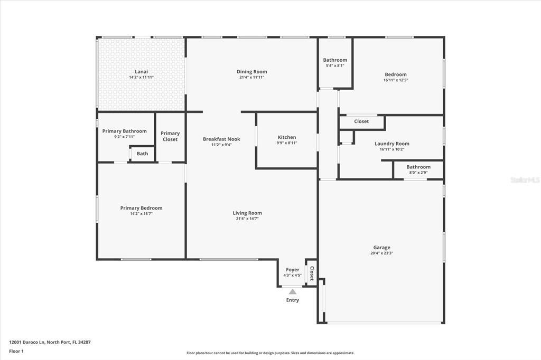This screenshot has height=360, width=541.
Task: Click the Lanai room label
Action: click(x=142, y=72)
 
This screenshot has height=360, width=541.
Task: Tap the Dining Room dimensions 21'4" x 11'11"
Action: click(x=252, y=77)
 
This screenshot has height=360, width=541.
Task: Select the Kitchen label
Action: click(x=287, y=137)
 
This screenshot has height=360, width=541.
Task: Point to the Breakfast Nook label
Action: click(x=221, y=139)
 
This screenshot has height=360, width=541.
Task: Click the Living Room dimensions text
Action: click(x=247, y=219)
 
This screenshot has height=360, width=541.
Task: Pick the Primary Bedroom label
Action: click(x=141, y=208)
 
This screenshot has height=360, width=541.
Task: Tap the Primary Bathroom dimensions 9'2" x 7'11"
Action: click(x=124, y=137)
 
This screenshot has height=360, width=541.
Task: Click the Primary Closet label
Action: click(x=170, y=136)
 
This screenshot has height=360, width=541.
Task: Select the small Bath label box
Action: click(x=142, y=154)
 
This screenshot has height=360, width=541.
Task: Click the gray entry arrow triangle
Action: click(x=293, y=291)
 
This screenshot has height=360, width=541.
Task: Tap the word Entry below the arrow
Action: click(x=293, y=300)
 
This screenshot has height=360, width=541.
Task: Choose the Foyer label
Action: click(x=293, y=270)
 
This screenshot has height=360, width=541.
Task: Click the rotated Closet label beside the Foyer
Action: click(x=312, y=273)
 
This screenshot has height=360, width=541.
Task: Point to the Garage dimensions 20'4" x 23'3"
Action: click(x=381, y=253)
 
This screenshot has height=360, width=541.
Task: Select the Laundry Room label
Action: click(x=392, y=144)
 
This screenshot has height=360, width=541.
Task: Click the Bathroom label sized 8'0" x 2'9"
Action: click(x=418, y=167)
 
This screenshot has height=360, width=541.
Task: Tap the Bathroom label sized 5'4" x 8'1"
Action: click(x=335, y=60)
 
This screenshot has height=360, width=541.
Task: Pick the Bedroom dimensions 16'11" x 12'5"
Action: click(x=396, y=80)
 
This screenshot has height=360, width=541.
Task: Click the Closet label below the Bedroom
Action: click(x=361, y=121)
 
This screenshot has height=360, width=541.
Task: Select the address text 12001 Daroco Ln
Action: click(x=27, y=343)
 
